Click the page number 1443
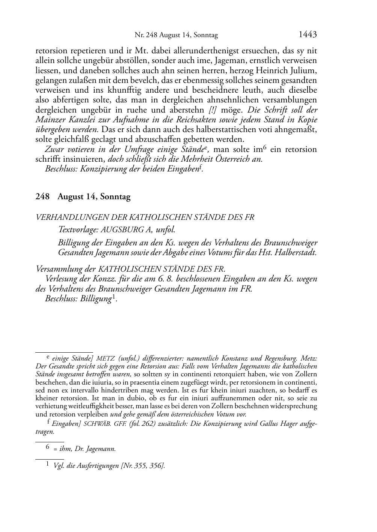coord(308,35)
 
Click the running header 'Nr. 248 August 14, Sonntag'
coord(176,36)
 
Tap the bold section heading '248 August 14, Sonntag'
coord(83,197)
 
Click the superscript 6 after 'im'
coord(264,147)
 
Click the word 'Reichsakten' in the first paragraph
coord(208,120)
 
